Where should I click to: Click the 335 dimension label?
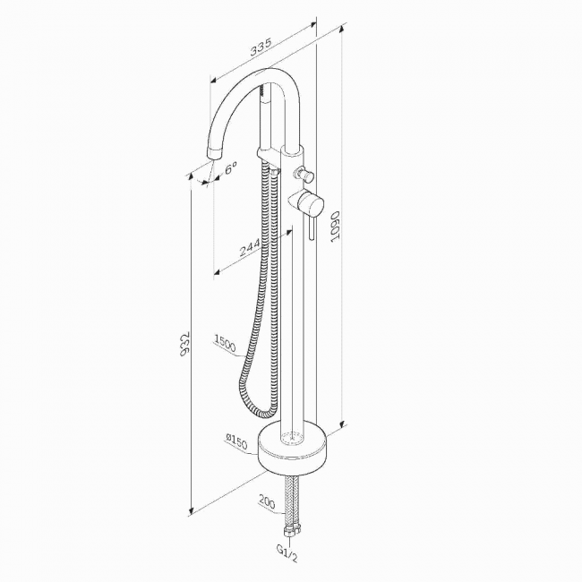261,47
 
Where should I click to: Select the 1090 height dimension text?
336,227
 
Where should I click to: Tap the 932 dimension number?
184,344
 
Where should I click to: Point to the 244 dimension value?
250,248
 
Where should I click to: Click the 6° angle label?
230,168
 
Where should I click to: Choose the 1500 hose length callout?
225,343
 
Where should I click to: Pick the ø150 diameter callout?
236,442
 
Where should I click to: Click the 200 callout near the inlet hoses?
267,501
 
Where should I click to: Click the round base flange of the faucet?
293,450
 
